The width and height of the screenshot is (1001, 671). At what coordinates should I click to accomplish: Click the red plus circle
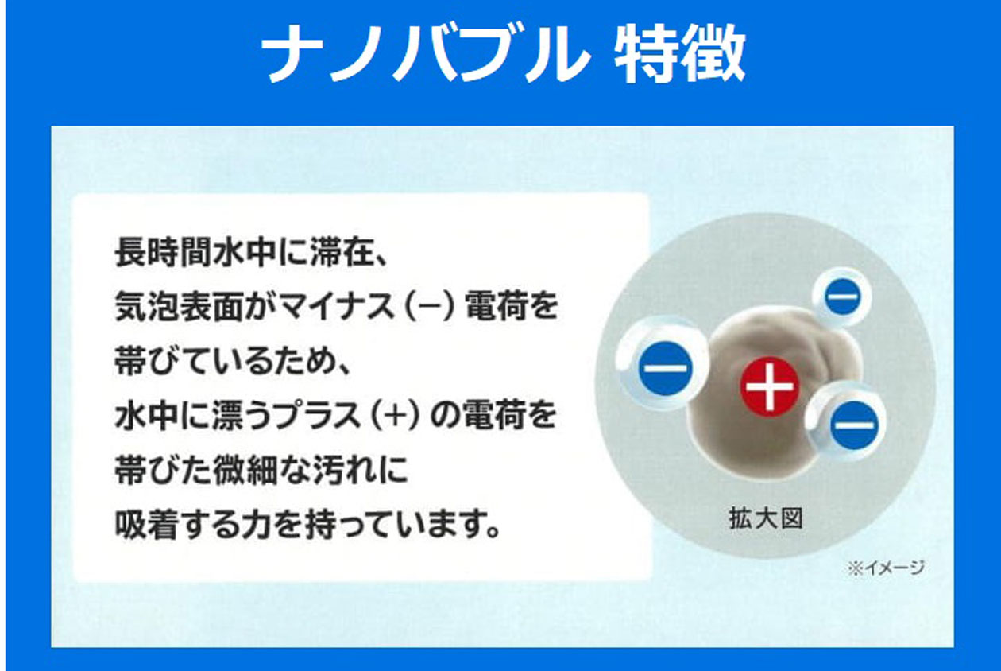pos(769,386)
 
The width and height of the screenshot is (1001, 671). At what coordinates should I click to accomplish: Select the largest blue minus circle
pos(666,369)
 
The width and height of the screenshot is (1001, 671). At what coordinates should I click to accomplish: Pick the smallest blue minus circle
pos(843,296)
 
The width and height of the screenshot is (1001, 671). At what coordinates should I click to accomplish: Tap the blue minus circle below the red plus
pos(854,425)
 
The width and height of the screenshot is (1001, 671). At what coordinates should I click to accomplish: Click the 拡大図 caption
pos(766,518)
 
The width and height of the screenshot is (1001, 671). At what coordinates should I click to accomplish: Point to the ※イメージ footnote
pos(885,568)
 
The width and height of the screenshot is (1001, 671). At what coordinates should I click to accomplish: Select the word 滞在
pos(341,252)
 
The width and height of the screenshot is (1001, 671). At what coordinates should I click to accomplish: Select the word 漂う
pos(241,416)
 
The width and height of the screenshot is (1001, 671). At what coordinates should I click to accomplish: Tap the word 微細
pos(245,470)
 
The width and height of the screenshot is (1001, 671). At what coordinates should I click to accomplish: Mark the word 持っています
pos(403,524)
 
